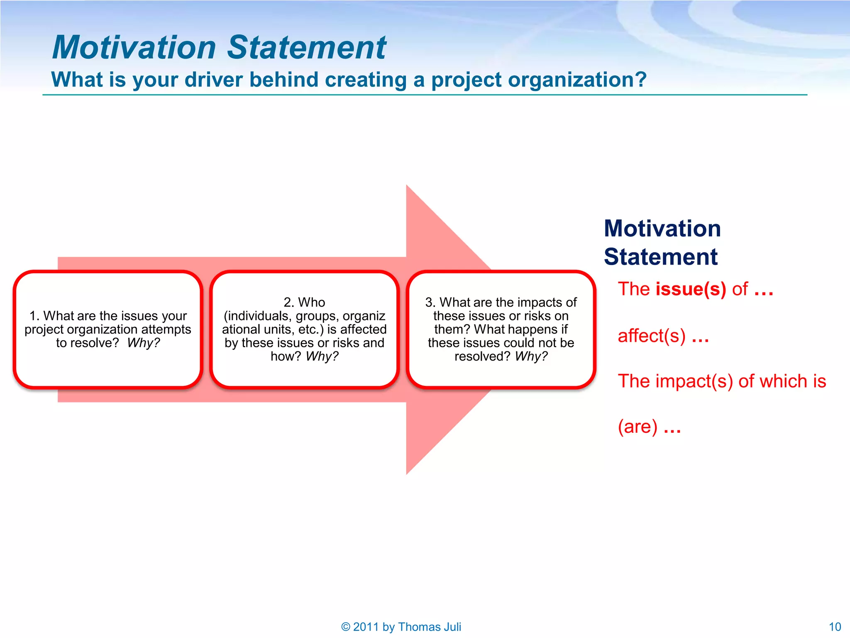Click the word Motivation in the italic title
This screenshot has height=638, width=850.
[x=134, y=47]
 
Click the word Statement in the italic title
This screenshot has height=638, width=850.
[x=307, y=47]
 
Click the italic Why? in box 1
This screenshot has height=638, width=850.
[x=143, y=343]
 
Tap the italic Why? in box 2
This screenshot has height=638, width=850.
[x=322, y=356]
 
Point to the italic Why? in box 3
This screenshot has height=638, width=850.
[x=531, y=356]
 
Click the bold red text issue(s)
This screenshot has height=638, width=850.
[x=691, y=289]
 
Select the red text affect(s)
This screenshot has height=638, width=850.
[x=651, y=336]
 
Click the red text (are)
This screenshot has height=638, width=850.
[x=637, y=427]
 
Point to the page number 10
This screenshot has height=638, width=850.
[x=835, y=627]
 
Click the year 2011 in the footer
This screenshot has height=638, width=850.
[x=366, y=627]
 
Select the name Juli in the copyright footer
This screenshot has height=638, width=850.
[x=452, y=627]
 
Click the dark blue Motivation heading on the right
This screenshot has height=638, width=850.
[x=662, y=228]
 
